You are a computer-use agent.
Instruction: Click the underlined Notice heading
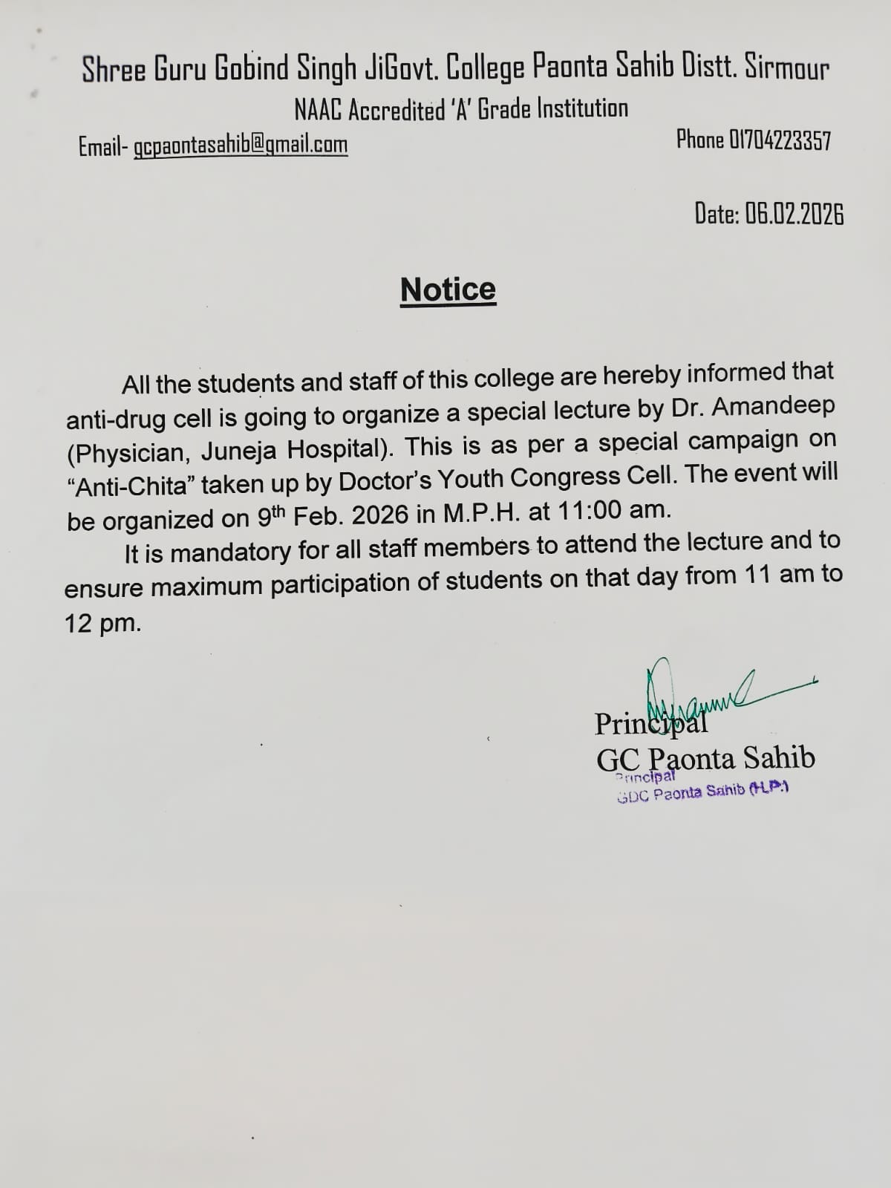coord(448,289)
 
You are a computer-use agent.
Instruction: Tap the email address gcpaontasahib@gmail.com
coord(241,145)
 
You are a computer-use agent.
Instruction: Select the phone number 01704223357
coord(780,140)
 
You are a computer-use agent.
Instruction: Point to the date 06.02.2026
coord(794,215)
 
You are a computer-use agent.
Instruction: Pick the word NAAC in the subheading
coord(319,111)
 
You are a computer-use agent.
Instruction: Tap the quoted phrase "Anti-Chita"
coord(130,486)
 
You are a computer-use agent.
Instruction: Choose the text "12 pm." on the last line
coord(102,623)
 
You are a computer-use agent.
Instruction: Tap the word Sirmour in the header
coord(787,70)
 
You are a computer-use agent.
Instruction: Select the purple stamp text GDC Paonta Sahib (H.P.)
coord(702,792)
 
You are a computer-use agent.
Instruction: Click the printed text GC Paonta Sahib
coord(705,758)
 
